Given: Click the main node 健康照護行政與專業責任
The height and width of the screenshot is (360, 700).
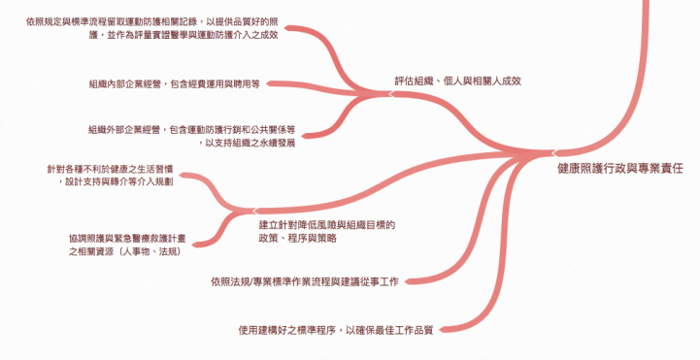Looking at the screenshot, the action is pos(620,168).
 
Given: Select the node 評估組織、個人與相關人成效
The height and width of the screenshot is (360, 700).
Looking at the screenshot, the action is pos(457,81).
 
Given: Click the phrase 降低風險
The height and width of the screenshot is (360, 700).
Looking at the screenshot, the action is pos(315,225).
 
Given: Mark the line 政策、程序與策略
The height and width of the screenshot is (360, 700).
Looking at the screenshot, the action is pos(298,239).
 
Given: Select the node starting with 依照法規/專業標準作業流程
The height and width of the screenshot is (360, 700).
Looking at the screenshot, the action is pos(307,282).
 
